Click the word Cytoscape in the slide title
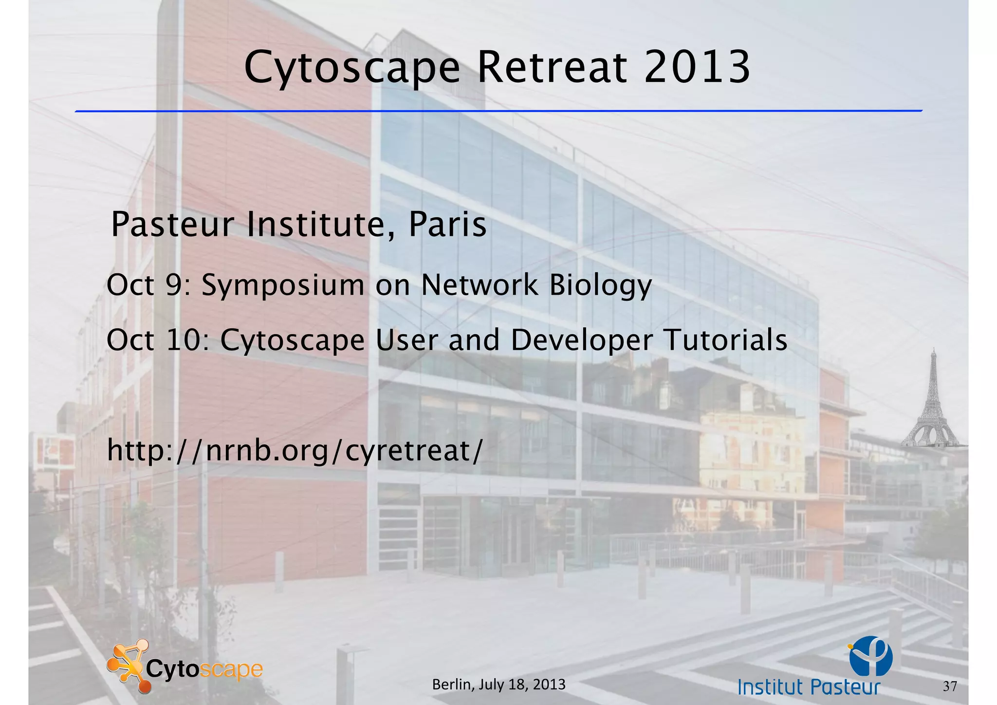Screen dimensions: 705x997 coord(351,68)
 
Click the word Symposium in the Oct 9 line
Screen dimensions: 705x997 coord(283,285)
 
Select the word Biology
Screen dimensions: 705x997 coord(600,285)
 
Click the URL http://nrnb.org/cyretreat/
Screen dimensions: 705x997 coord(295,451)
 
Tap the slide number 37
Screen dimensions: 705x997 coord(950,686)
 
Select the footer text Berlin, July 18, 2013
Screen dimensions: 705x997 coord(498,685)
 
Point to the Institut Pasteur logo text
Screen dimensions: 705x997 coord(809,687)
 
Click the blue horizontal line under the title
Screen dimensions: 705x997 coord(498,111)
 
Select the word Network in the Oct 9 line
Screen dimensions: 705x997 coord(479,285)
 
